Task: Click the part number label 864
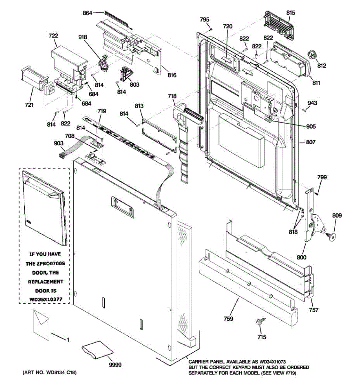(x=87, y=13)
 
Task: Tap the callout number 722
(x=53, y=36)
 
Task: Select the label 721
(x=29, y=104)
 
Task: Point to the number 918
(x=83, y=37)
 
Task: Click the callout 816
(x=172, y=75)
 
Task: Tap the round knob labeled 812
(x=311, y=56)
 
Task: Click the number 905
(x=311, y=126)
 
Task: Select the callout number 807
(x=311, y=142)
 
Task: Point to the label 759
(x=228, y=318)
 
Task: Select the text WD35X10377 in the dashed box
(x=44, y=300)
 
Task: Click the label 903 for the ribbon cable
(x=59, y=143)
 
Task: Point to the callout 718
(x=172, y=96)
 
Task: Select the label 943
(x=312, y=103)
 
